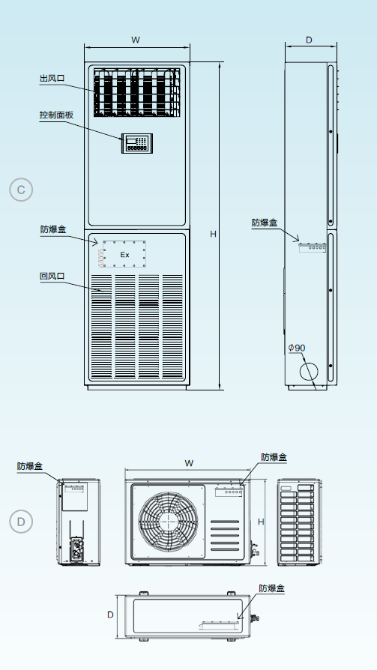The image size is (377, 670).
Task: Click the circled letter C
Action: point(21,190)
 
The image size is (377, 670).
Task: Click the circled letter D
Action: point(21,522)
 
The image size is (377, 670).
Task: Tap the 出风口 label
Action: point(52,78)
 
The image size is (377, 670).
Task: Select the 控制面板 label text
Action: point(56,115)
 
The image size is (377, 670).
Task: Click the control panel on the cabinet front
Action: point(137,143)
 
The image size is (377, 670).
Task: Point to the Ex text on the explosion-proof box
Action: point(124,255)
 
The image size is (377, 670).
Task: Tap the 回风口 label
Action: point(52,276)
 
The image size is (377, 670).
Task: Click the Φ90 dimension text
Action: point(297,348)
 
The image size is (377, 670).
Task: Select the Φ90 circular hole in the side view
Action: point(309,370)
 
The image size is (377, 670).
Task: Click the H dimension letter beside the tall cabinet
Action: point(213,234)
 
